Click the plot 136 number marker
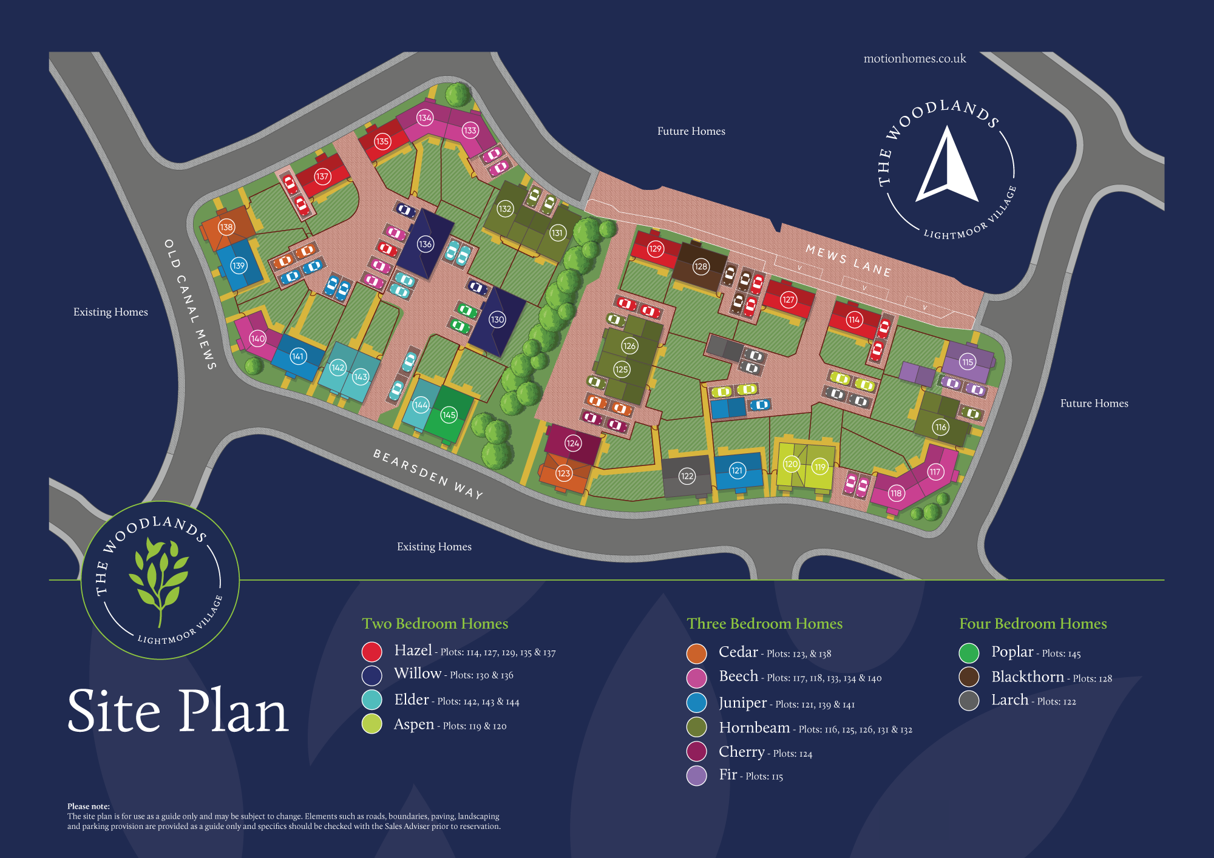click(425, 244)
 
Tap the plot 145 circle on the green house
click(449, 415)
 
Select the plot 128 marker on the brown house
click(700, 266)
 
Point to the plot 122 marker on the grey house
click(687, 476)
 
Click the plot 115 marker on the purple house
click(968, 362)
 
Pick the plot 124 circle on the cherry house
click(572, 443)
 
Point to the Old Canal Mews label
click(190, 304)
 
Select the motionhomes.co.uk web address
click(914, 59)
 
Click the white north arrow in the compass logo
click(947, 167)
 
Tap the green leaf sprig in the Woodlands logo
click(159, 576)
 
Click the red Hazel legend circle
click(371, 652)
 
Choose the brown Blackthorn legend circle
click(969, 677)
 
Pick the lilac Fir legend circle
click(696, 775)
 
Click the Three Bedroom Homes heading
click(764, 624)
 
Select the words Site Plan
click(177, 711)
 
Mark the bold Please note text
click(89, 806)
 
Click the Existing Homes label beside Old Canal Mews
click(110, 312)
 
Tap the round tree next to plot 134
click(457, 95)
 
